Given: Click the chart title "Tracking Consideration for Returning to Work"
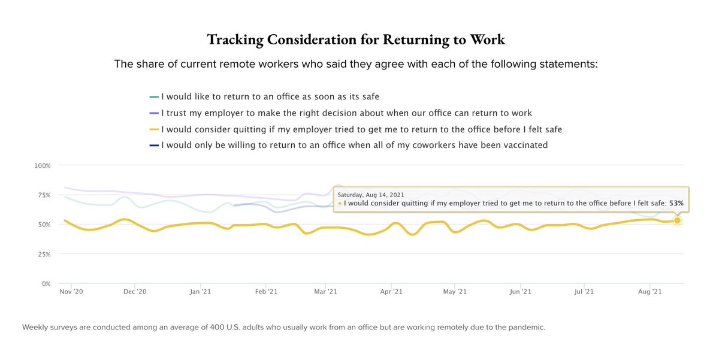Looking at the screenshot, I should point(356,40).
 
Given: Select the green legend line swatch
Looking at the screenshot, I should point(154,96).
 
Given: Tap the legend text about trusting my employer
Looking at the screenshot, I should point(346,113).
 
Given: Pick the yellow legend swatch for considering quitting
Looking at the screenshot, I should point(154,129).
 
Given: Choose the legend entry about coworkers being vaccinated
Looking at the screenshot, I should point(354,145).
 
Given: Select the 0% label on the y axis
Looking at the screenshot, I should point(48,283).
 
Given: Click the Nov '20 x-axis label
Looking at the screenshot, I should point(71,292).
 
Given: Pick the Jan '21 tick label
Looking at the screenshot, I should point(200,292).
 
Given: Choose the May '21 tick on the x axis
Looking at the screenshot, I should point(454,292).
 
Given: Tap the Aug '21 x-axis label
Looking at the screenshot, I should point(649,292).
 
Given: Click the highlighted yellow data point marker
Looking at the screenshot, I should point(677,220).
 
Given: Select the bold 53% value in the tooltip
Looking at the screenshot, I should point(676,204).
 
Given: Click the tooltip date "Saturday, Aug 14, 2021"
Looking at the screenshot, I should point(371,195).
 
